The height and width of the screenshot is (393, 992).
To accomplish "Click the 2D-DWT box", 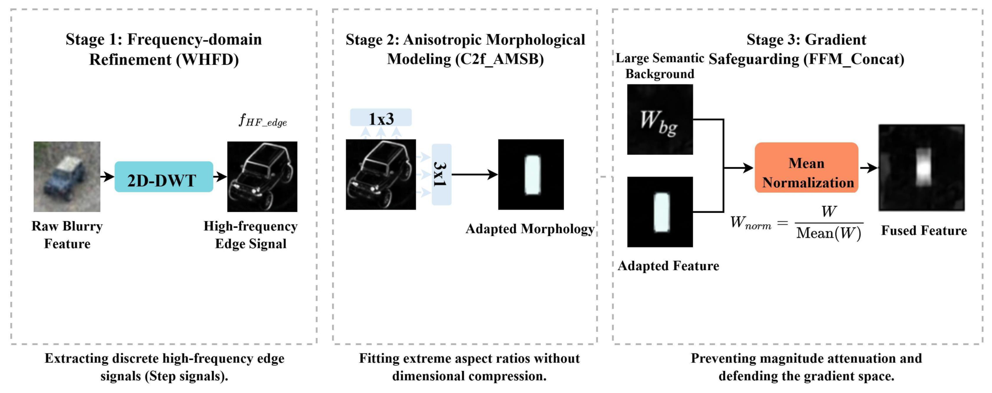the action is (163, 177).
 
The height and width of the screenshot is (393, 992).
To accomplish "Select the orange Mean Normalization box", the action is (806, 168).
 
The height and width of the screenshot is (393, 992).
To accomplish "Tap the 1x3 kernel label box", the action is (381, 118).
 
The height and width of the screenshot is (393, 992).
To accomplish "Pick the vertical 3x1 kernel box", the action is (442, 174).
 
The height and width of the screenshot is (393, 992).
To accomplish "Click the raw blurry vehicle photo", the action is (67, 176).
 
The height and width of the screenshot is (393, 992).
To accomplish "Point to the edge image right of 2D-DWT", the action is (262, 176).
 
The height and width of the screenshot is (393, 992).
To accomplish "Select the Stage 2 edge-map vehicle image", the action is (381, 174).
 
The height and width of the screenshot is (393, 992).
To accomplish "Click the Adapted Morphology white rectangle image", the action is (531, 174).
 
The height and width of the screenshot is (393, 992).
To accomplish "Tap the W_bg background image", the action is (660, 119).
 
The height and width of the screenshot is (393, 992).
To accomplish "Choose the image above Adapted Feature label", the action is (660, 212).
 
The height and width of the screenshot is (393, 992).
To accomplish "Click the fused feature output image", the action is (922, 168).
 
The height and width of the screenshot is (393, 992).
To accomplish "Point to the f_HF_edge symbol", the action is (263, 121).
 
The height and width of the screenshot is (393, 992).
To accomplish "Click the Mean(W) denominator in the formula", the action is (829, 234).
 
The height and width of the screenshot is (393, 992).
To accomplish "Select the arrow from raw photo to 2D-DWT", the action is (107, 177).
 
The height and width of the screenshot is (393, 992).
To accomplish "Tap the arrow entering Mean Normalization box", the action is (739, 168).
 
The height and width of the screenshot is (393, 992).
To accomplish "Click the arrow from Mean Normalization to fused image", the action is (869, 168).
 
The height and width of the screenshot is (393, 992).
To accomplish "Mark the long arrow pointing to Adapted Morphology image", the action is (475, 174).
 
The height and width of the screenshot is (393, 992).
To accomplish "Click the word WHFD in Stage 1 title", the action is (208, 60).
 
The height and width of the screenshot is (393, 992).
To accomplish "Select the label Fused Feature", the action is (924, 230).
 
